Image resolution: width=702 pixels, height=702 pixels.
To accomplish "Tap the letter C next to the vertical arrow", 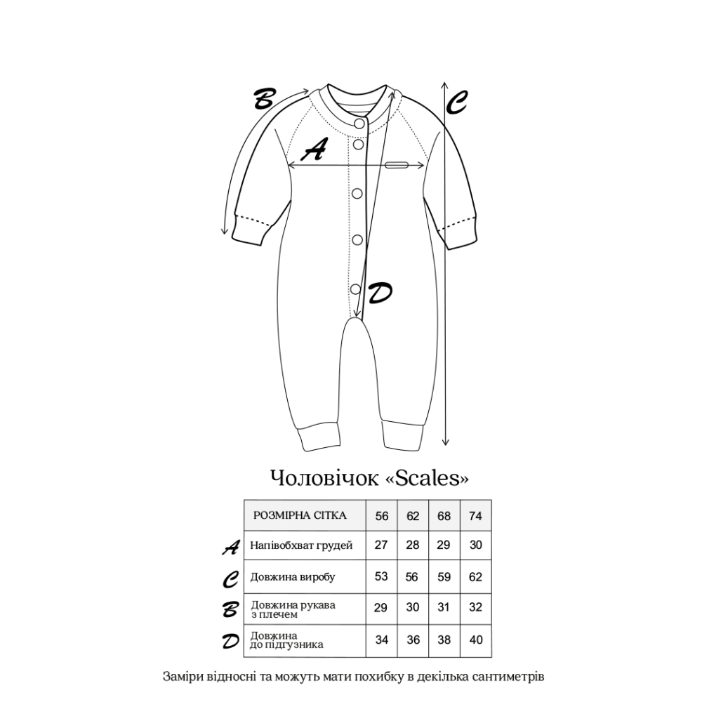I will [456, 104].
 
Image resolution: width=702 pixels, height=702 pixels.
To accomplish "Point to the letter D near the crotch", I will [379, 293].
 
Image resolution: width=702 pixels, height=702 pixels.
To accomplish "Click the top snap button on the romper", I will [359, 124].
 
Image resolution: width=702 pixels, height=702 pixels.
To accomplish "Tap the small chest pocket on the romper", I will [397, 165].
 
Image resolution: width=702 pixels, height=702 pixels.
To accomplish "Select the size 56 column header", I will [382, 516].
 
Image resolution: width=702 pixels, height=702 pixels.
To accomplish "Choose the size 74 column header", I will [475, 516].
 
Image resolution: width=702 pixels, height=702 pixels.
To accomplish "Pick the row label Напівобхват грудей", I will [301, 545].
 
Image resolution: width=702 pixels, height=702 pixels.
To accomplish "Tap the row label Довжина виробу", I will [293, 577].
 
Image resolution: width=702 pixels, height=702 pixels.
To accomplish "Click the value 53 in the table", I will [381, 577].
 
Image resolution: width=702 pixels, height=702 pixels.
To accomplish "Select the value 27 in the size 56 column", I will [381, 545].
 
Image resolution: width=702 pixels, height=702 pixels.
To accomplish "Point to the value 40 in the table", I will [475, 640].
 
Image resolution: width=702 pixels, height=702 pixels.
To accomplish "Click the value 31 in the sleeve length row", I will [444, 608].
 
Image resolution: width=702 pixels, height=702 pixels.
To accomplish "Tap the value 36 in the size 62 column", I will [413, 640].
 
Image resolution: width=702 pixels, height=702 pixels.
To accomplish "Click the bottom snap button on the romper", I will [356, 288].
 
